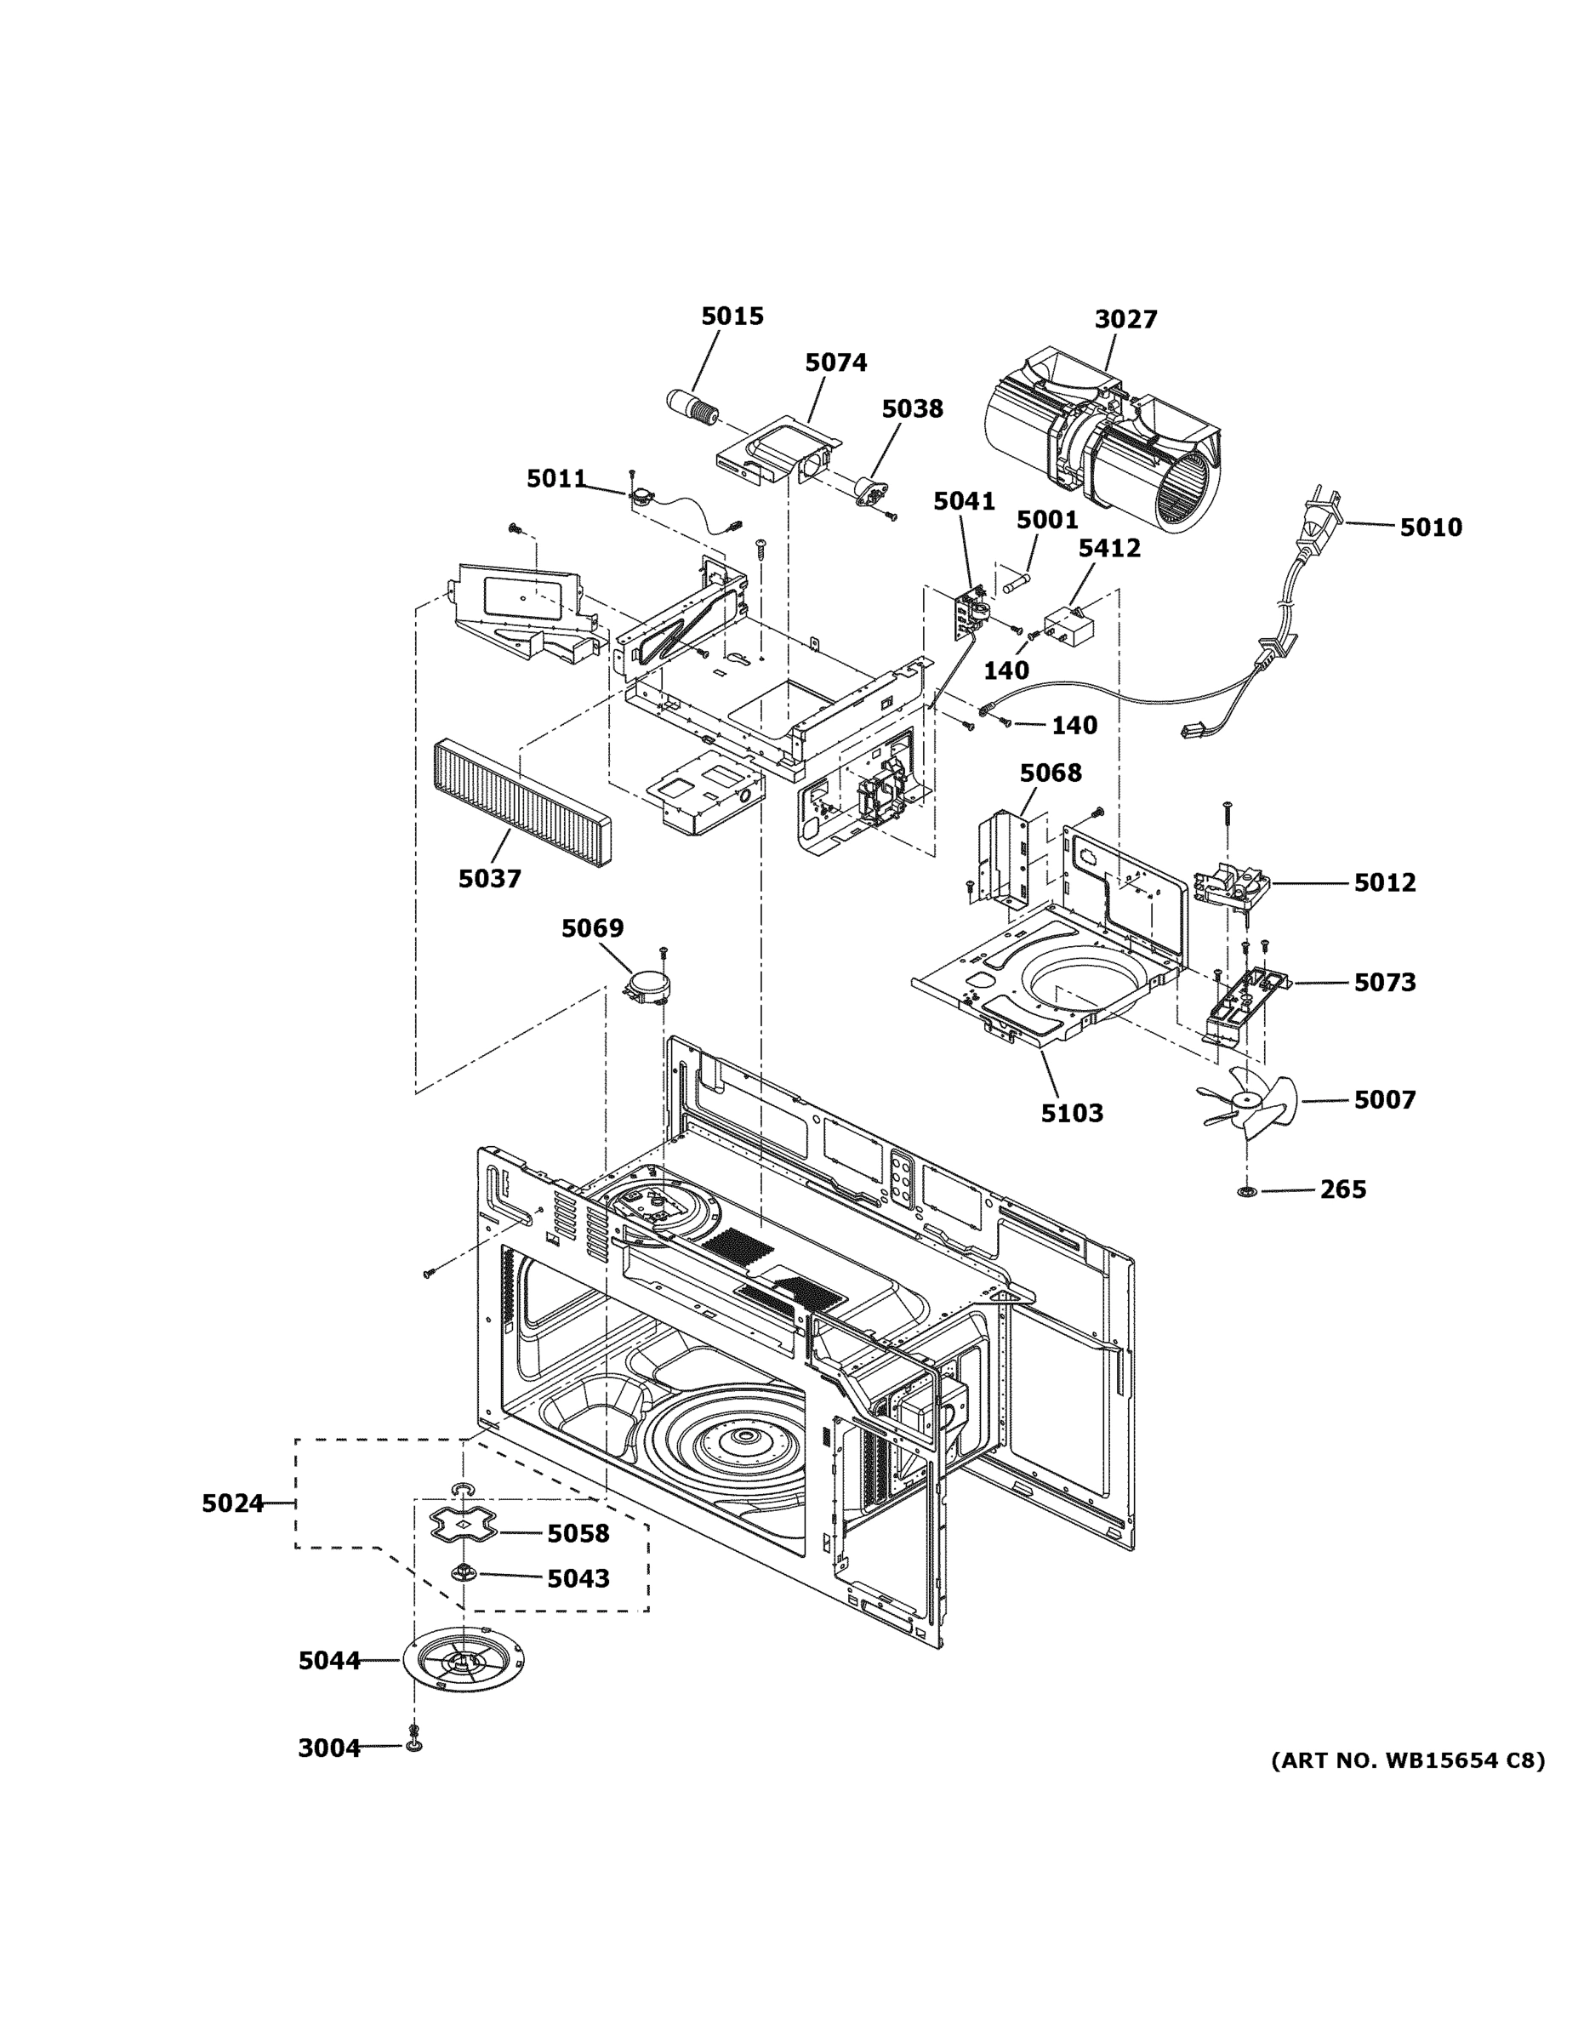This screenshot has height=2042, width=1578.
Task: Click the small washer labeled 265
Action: (x=1246, y=1191)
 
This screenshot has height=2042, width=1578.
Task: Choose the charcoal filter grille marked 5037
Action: (x=521, y=802)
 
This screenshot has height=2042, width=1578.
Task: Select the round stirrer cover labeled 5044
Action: (x=464, y=1661)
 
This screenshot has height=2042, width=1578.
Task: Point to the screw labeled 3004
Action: (x=413, y=1743)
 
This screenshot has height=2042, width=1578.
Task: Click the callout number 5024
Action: (x=233, y=1503)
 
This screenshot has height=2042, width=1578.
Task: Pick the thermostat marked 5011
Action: (x=641, y=498)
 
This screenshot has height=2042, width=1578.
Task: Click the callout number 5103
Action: (x=1071, y=1114)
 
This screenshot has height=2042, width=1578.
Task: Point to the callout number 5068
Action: (x=1050, y=773)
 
